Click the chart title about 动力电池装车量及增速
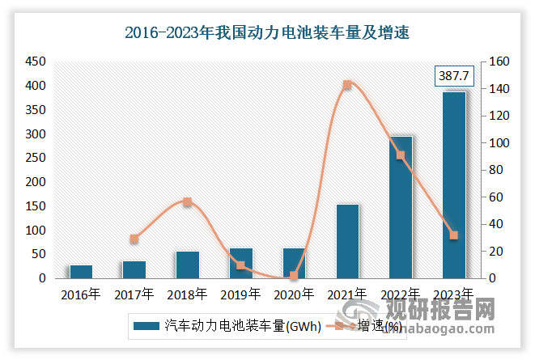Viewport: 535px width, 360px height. pos(267,32)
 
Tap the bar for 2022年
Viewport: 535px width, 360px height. pos(401,207)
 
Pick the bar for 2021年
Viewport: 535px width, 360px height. pos(347,241)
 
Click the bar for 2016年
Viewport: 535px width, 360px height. pos(81,271)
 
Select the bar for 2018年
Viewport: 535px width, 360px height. pos(188,265)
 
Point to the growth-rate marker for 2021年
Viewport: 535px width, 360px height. pos(347,85)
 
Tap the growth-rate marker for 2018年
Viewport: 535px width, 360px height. pos(188,201)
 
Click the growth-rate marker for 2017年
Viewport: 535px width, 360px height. pos(134,239)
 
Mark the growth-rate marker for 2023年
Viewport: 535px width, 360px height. pos(454,235)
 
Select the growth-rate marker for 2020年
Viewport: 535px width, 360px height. pos(294,276)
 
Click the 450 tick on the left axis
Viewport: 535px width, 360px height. pos(35,61)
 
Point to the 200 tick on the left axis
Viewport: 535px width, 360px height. pos(35,182)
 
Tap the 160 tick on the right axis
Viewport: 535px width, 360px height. pos(495,61)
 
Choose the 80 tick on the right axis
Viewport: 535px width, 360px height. pos(492,170)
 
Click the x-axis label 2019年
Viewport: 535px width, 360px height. pos(240,294)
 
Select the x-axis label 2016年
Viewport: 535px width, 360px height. pos(81,294)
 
